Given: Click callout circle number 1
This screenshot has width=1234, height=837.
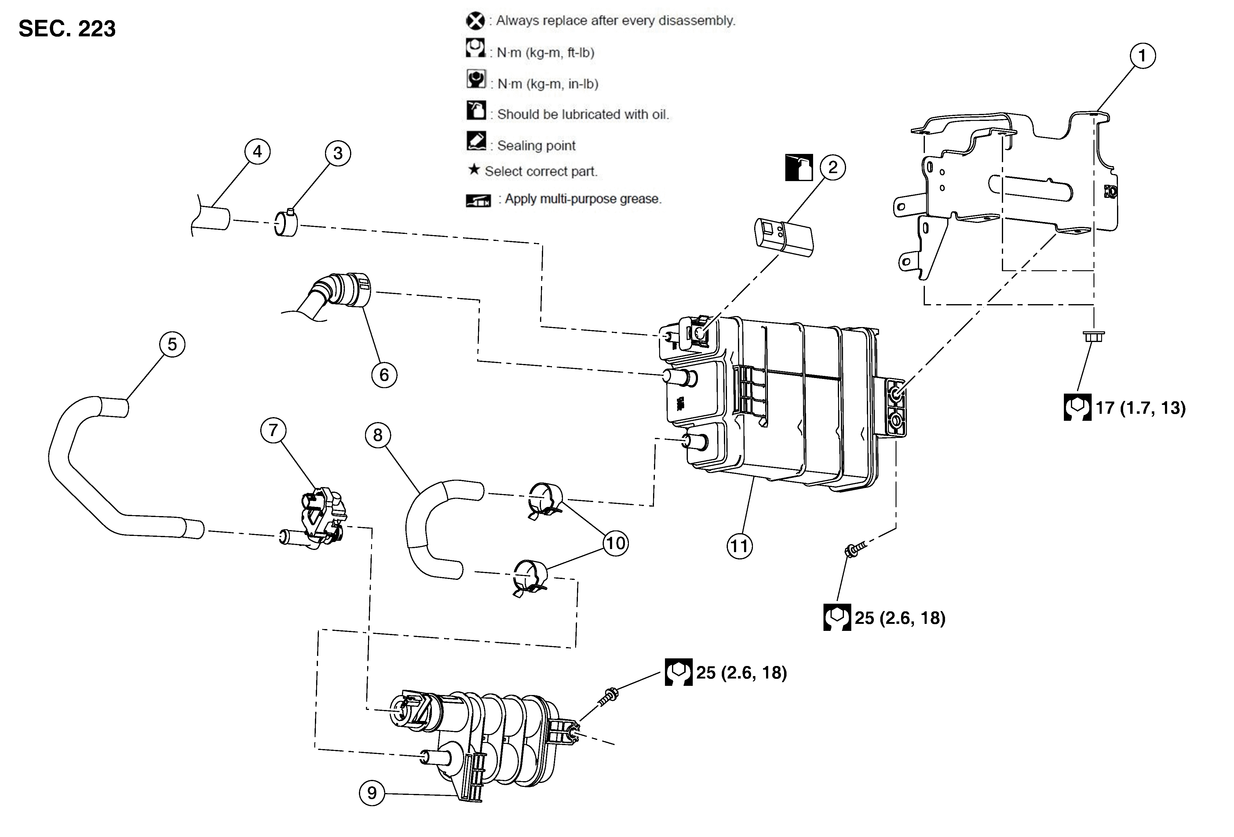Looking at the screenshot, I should coord(1142,56).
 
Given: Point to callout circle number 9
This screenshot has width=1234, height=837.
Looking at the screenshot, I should coord(372,793).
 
